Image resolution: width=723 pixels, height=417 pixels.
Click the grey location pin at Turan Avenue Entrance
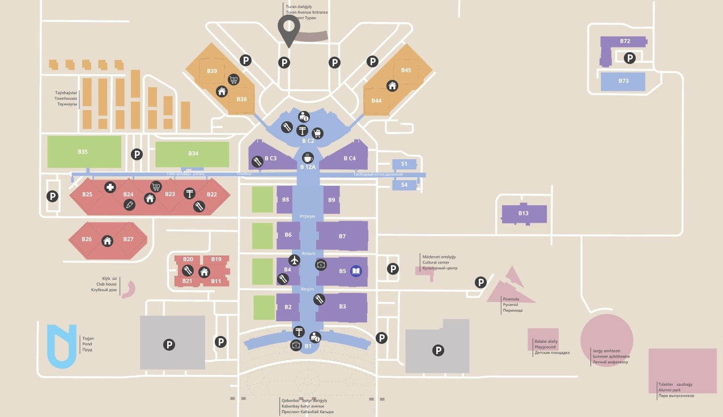(x=288, y=28)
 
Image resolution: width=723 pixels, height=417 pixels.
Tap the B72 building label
(x=625, y=41)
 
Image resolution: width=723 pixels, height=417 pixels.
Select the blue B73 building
(x=623, y=82)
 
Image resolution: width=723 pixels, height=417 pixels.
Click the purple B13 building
(x=524, y=214)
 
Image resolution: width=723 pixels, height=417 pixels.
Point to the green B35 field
(x=84, y=152)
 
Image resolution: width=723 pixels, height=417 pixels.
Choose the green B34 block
(x=193, y=154)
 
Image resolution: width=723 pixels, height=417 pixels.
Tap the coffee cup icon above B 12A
(x=308, y=158)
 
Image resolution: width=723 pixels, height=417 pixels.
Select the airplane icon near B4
(x=294, y=260)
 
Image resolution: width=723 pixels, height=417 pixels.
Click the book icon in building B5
(x=356, y=271)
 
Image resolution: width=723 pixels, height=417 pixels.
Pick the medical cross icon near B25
(x=110, y=187)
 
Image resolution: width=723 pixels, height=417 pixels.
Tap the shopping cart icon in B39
(x=233, y=80)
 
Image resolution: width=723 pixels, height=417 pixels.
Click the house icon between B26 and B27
(x=108, y=241)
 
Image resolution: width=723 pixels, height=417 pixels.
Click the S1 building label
(x=404, y=164)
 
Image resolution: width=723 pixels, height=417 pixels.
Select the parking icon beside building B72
(x=630, y=58)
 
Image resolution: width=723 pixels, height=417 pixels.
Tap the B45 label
(x=406, y=70)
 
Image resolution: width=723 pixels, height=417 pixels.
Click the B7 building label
(x=342, y=236)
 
